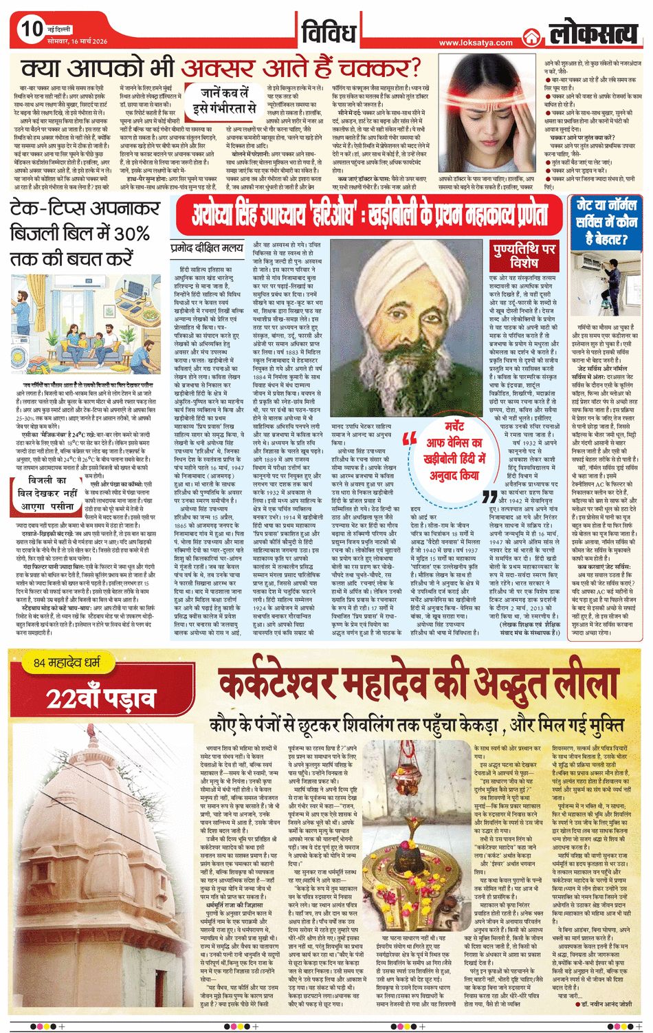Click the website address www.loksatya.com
pyautogui.click(x=476, y=43)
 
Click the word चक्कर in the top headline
pyautogui.click(x=384, y=69)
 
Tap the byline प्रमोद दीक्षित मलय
pyautogui.click(x=206, y=246)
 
